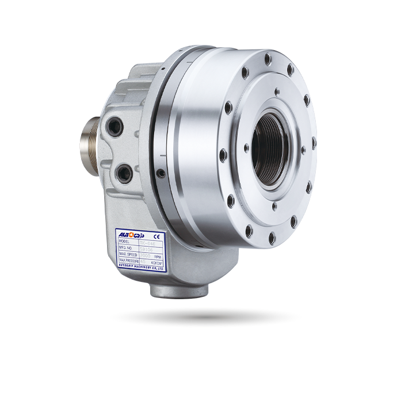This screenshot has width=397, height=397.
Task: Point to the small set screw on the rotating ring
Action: click(161, 171)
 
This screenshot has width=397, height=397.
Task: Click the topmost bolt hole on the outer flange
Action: click(269, 58)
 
